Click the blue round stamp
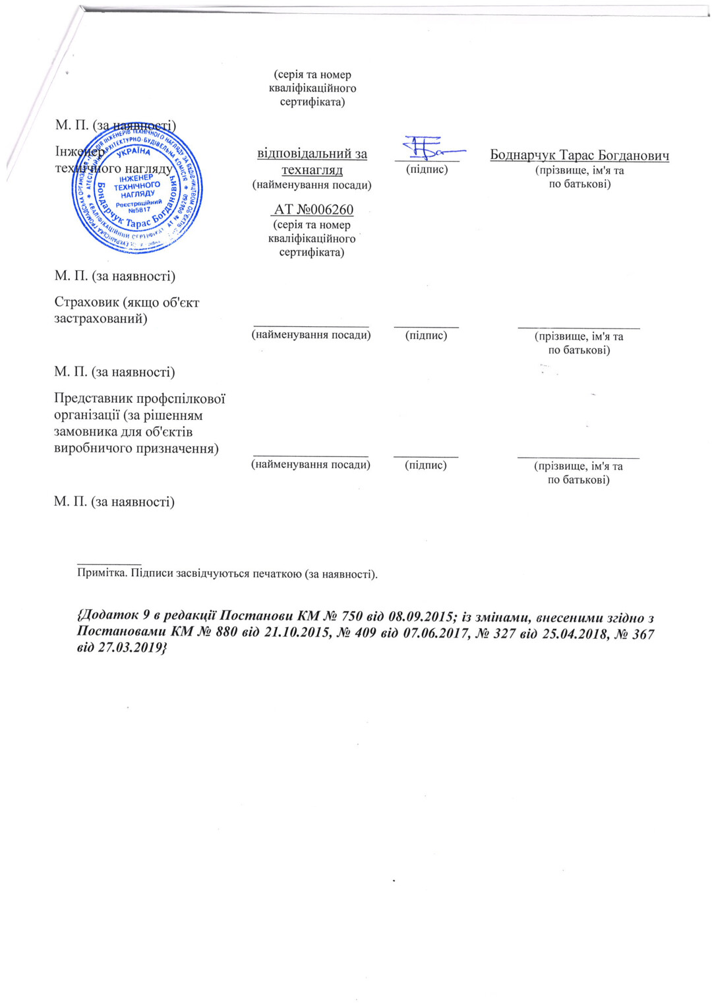point(137,188)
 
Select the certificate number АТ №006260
point(313,210)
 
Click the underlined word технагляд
point(312,170)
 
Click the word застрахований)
point(100,319)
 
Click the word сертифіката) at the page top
point(312,102)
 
